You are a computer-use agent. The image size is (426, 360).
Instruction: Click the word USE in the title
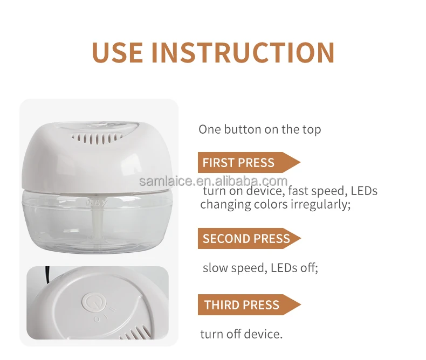coord(117,52)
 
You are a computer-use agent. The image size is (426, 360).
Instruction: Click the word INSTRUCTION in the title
coord(243,52)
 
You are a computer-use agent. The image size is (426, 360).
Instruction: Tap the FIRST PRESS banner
coord(245,162)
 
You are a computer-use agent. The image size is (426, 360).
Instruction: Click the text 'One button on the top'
coord(259,129)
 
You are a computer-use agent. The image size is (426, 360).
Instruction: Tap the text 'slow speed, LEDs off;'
coord(260,268)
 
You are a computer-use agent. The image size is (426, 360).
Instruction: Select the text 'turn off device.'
coord(241,334)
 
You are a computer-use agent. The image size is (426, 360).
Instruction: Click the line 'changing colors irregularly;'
coord(275,205)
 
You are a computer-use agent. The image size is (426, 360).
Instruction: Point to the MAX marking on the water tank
coord(98,204)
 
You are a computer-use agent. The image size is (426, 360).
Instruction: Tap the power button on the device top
coord(90,302)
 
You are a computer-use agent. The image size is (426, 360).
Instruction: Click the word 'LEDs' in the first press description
coord(364,191)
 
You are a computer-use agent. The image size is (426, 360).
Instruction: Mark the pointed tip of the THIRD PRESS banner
coord(299,305)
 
